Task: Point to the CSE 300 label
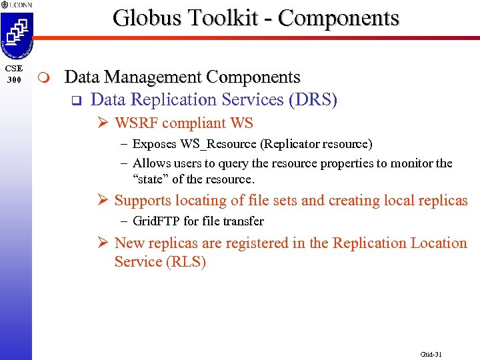[x=13, y=74]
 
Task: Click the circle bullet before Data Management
[x=44, y=79]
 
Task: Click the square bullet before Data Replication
[x=75, y=101]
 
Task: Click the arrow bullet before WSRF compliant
[x=104, y=123]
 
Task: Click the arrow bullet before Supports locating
[x=104, y=200]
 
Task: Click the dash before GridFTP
[x=125, y=221]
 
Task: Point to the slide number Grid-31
[x=431, y=354]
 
